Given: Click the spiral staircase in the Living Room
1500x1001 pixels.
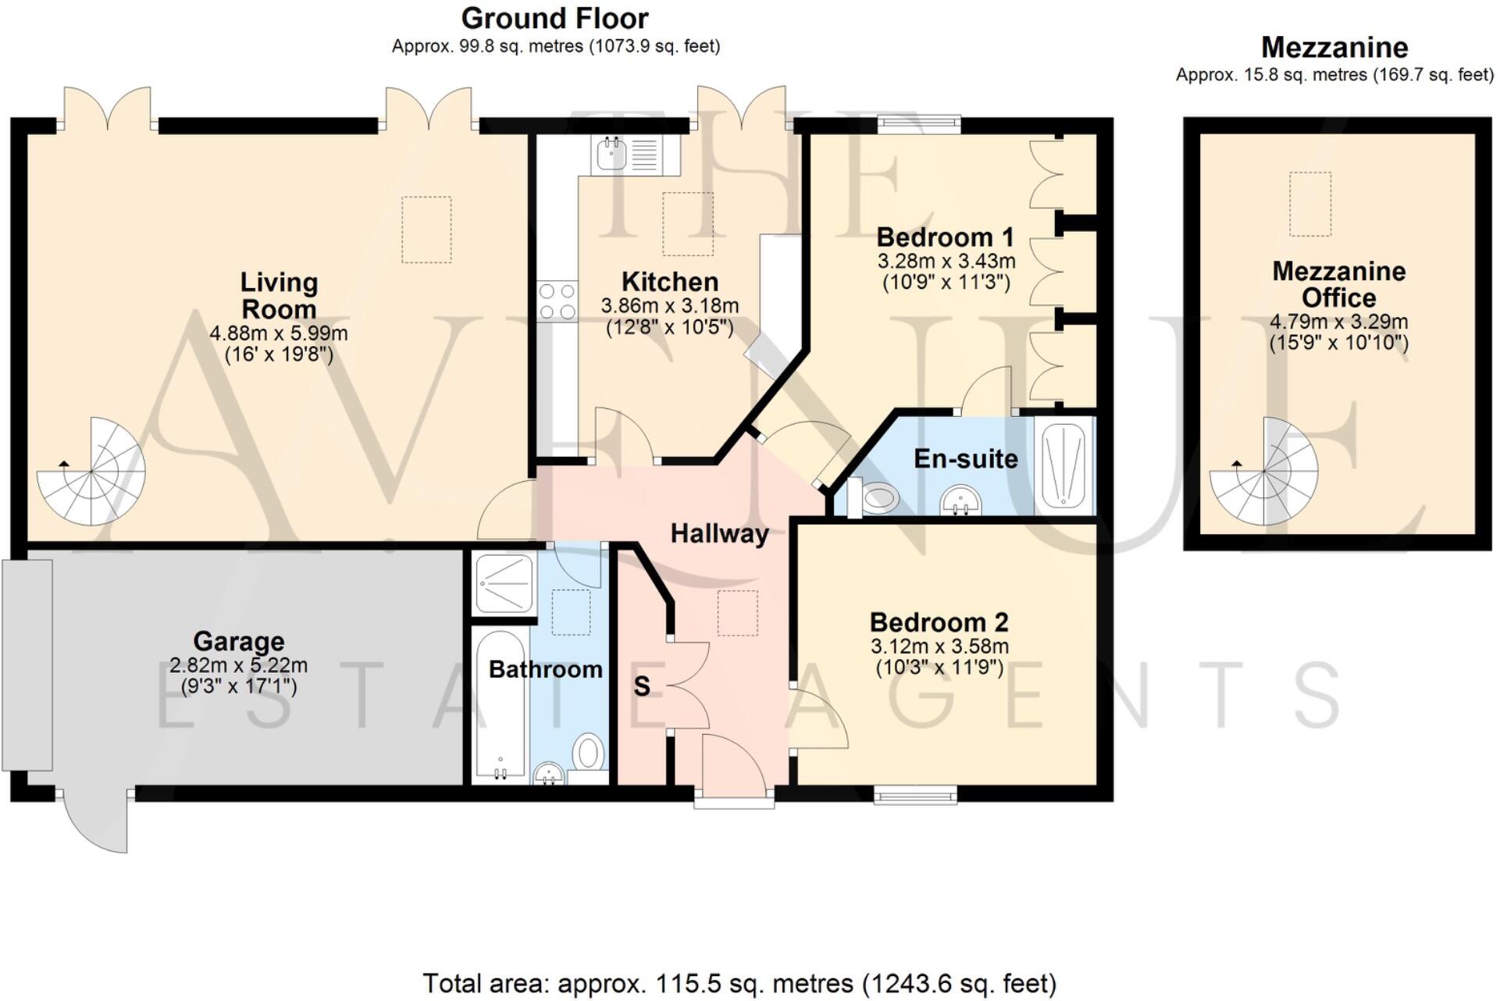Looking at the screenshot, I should pos(91,472).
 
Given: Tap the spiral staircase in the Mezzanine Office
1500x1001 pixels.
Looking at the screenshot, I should pos(1263,472).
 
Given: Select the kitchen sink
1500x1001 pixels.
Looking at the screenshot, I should pos(611,154).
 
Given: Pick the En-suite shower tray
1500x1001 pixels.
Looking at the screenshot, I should pos(1064,466).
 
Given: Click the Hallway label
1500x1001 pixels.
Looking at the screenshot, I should pos(719,534).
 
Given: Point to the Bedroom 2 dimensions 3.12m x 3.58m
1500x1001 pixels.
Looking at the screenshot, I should pos(939,647).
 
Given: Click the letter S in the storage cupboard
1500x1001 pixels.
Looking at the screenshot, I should pos(641,686).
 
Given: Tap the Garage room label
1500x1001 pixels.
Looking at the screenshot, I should pos(238,641).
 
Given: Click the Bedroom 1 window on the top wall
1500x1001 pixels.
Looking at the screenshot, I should pos(918,124).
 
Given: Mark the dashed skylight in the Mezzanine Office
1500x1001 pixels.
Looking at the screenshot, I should pos(1309,204).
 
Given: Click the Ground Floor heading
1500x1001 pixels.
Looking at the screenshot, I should pos(554,18).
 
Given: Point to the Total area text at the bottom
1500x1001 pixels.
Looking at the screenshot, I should pos(739,983).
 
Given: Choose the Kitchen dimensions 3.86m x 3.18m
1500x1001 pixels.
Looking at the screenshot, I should pos(669,306).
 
